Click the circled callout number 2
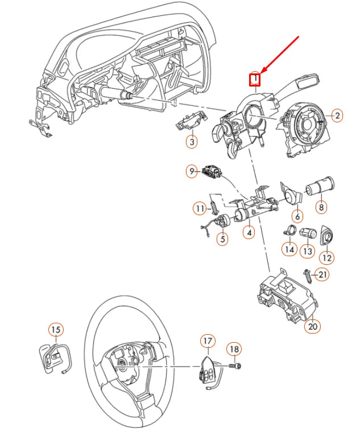(337, 116)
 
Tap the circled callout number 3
(192, 142)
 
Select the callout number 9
(192, 170)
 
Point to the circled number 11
(200, 209)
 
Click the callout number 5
(222, 240)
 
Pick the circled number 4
(249, 232)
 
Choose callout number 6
(297, 216)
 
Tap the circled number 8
(322, 207)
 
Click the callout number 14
(289, 249)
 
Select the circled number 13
(308, 250)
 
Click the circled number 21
(322, 276)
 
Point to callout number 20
(312, 326)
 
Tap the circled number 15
(55, 329)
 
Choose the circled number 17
(208, 341)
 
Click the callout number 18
(234, 348)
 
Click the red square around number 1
(256, 79)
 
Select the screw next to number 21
(308, 276)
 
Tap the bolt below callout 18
(235, 363)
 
